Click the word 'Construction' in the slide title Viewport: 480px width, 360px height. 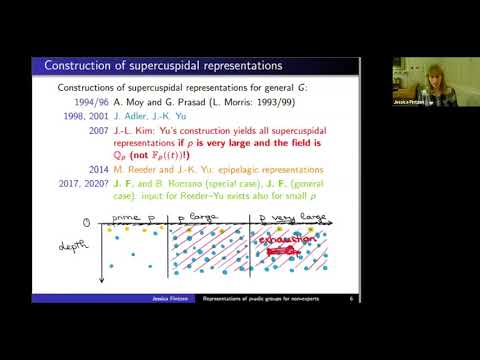[x=78, y=66]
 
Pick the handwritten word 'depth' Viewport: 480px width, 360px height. [x=60, y=243]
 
